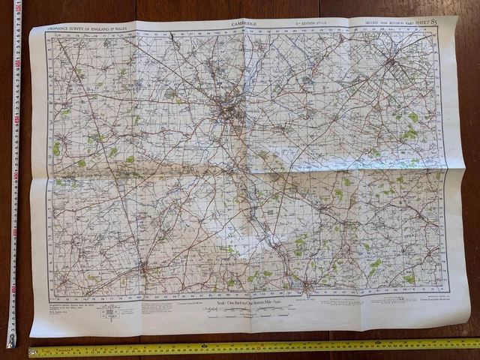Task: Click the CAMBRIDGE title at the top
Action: click(x=244, y=24)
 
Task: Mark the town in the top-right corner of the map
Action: click(x=391, y=62)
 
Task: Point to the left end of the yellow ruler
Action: click(x=31, y=350)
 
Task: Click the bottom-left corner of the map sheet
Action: click(x=32, y=334)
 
